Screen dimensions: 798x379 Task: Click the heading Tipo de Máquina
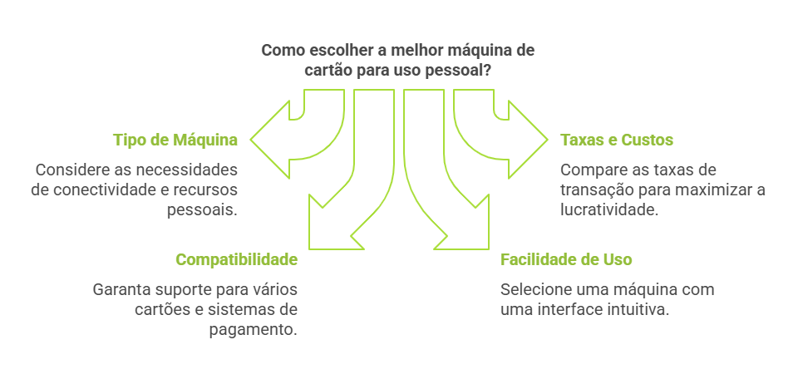pyautogui.click(x=175, y=140)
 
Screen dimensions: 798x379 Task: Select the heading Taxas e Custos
pyautogui.click(x=617, y=140)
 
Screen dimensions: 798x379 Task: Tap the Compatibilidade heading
pyautogui.click(x=236, y=259)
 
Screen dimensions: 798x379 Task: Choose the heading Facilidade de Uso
pyautogui.click(x=566, y=259)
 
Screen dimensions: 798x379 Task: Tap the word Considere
pyautogui.click(x=71, y=170)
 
